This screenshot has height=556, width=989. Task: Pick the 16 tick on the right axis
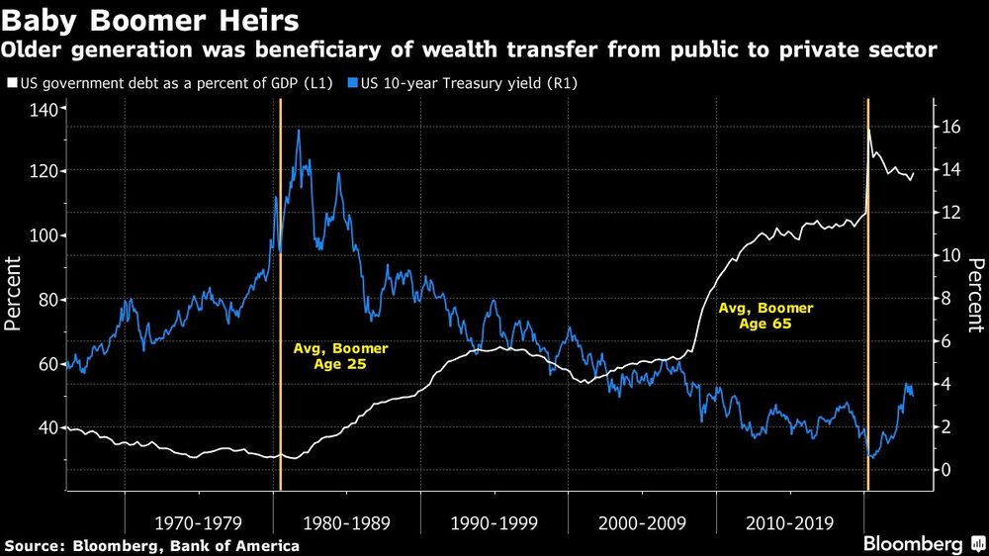tap(950, 127)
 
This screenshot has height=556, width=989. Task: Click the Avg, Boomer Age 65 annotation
tap(759, 316)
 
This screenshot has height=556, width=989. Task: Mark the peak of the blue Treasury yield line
tap(299, 131)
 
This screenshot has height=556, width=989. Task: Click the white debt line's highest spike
tap(869, 129)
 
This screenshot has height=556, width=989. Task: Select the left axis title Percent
tap(16, 293)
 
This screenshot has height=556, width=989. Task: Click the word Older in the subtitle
tap(31, 48)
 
